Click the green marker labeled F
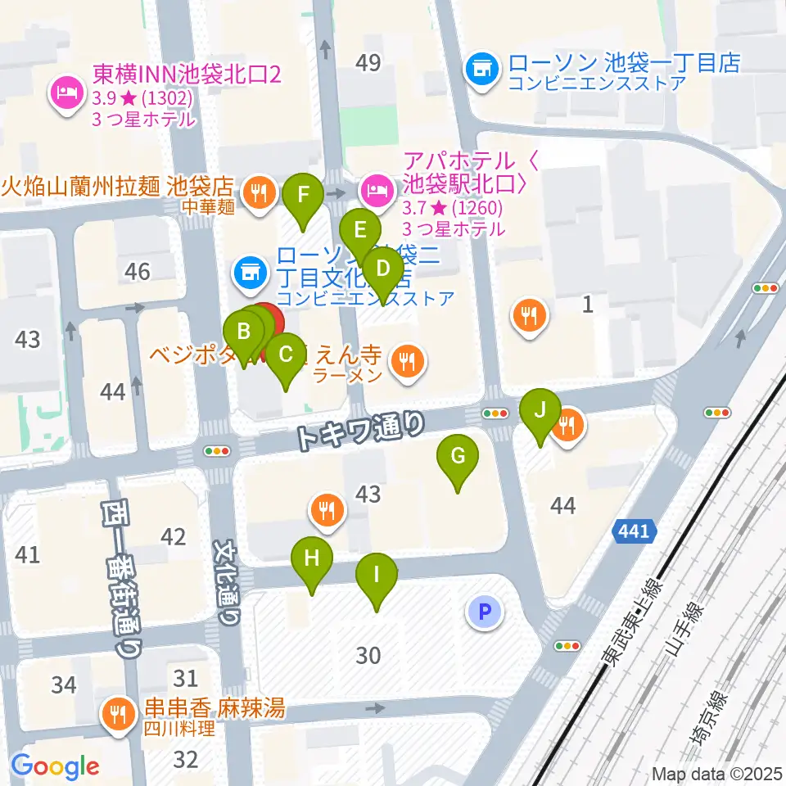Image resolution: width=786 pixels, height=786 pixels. pos(303,196)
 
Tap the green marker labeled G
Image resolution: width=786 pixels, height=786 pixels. pos(458,456)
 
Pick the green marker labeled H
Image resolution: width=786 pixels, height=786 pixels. pos(312,560)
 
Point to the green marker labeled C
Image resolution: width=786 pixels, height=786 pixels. pos(286,356)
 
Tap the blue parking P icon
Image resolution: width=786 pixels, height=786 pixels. pos(484,611)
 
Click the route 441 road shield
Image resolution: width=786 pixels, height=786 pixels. pos(634,532)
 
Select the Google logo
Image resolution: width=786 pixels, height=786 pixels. pos(55,766)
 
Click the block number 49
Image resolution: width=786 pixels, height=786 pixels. pos(369,62)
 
